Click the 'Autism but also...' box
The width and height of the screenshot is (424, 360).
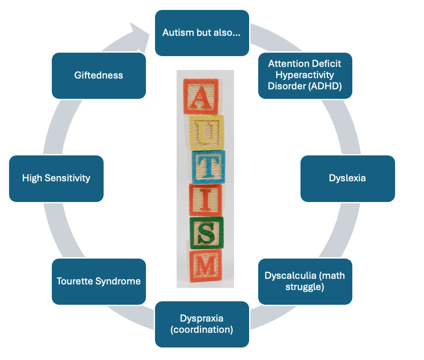pos(202,33)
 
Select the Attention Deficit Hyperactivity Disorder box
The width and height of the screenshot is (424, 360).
pos(305,75)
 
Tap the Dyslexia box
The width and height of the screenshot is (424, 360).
pos(347,178)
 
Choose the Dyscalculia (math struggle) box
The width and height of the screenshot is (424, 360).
pos(305,281)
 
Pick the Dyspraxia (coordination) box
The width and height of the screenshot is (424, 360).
pos(202,324)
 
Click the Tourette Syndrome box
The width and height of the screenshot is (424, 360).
pos(98,281)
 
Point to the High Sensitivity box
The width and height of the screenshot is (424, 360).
pos(56,178)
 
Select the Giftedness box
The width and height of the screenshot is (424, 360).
pos(98,75)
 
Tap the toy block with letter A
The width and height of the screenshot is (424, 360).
pos(200,96)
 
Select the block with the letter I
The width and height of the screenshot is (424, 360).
pos(206,199)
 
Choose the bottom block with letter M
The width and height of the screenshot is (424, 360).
pos(206,264)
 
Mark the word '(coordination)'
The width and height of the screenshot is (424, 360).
pos(202,330)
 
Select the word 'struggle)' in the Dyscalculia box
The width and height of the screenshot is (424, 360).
pos(305,287)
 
